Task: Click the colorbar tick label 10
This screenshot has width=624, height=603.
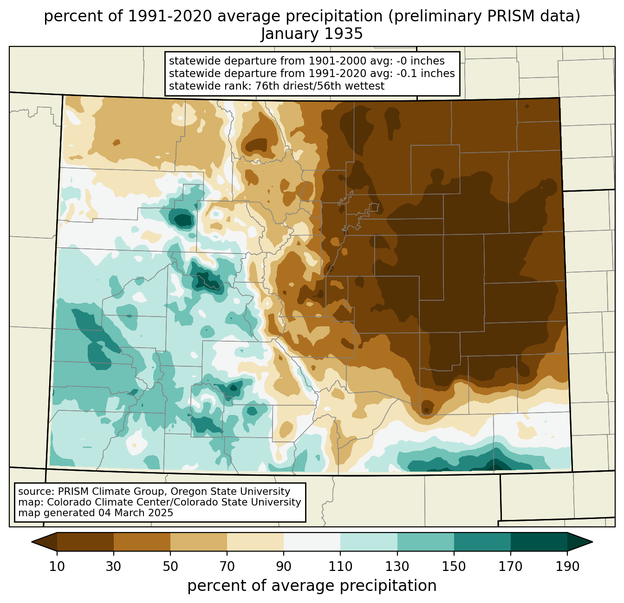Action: [57, 566]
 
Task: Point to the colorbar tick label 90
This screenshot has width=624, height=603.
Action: [284, 566]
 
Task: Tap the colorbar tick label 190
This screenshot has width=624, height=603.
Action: [567, 566]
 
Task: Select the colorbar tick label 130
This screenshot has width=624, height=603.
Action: [397, 566]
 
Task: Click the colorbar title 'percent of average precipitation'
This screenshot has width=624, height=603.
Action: [312, 586]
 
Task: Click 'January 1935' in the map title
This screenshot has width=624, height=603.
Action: [312, 34]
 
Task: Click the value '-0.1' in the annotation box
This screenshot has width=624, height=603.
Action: [407, 73]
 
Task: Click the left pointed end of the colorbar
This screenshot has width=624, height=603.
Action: [32, 542]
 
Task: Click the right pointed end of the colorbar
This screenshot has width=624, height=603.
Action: [592, 542]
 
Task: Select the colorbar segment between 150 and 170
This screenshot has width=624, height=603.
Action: [482, 542]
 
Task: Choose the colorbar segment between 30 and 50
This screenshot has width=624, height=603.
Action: [142, 542]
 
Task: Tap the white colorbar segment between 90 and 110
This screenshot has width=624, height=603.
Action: [312, 542]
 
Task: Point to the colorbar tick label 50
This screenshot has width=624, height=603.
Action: [170, 566]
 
